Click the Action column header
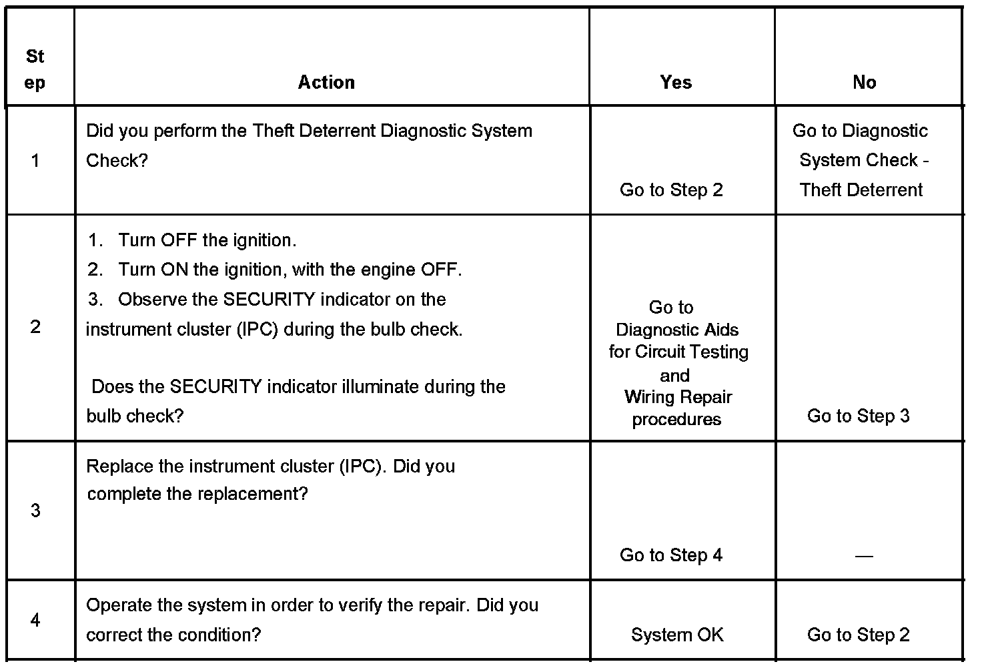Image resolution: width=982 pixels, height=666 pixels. [x=326, y=82]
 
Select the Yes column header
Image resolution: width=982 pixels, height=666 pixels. [x=676, y=82]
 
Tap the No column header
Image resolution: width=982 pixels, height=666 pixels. [x=864, y=82]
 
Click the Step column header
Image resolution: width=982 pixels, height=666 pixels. [x=35, y=69]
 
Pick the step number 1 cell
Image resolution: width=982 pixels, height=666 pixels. [x=35, y=160]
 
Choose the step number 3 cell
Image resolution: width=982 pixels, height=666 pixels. [x=35, y=511]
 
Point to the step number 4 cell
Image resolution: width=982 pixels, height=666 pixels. [x=35, y=620]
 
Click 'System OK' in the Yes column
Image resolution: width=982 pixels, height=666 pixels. [x=677, y=635]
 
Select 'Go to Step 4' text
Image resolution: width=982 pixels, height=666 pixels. [x=671, y=555]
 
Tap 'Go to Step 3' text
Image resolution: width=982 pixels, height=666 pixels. [x=858, y=416]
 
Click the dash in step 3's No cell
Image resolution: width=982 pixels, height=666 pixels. [x=864, y=556]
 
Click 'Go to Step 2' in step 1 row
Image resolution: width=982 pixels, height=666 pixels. [x=671, y=190]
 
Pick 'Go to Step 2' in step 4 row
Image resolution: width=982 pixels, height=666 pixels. [x=858, y=635]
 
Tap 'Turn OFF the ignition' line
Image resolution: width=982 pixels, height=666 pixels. [x=207, y=240]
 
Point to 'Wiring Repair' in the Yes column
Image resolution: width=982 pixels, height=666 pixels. [x=678, y=397]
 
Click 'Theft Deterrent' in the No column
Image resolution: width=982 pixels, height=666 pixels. [x=861, y=190]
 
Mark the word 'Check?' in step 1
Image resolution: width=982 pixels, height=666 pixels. [x=117, y=160]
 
